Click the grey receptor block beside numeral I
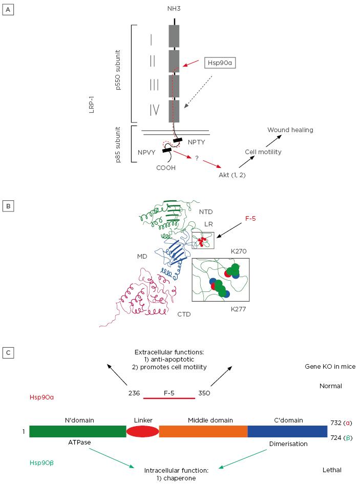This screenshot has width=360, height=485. (x=174, y=36)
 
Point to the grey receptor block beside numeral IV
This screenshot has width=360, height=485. (x=174, y=111)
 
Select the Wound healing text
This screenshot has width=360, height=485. (x=290, y=130)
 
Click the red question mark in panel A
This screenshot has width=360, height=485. (x=197, y=158)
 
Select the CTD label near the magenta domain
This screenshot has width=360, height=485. (x=184, y=313)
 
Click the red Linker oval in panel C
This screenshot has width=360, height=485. (x=143, y=431)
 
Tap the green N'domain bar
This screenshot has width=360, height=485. (x=77, y=431)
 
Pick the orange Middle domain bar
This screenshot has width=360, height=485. (x=203, y=431)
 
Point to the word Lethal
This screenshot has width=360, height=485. (x=331, y=470)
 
